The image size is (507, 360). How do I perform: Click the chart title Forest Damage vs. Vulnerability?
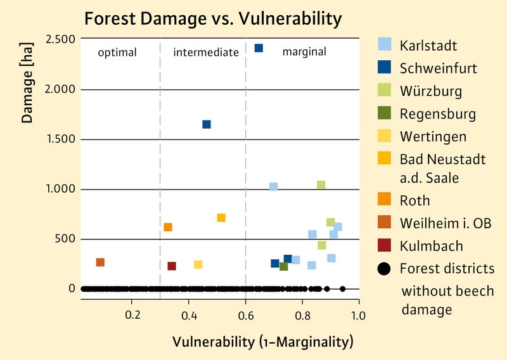213,18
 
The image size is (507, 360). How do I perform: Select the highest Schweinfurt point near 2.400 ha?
259,48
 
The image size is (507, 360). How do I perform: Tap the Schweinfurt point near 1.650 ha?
207,124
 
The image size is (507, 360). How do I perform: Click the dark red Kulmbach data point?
172,266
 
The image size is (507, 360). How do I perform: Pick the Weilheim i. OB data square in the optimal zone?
100,262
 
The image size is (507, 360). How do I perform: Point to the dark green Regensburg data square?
283,267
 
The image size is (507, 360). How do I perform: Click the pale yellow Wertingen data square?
198,264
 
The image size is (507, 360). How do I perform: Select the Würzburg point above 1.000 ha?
321,185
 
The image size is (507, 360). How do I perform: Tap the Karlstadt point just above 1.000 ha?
273,187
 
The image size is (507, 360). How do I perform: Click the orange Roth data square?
168,227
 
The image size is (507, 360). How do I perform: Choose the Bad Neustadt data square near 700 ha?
221,218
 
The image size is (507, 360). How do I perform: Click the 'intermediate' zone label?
206,53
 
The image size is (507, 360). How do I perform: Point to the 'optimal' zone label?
117,53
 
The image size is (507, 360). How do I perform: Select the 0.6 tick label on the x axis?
245,315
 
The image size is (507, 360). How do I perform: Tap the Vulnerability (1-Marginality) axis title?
262,342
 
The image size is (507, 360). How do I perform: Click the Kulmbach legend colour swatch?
383,246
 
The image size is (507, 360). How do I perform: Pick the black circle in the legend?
383,269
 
